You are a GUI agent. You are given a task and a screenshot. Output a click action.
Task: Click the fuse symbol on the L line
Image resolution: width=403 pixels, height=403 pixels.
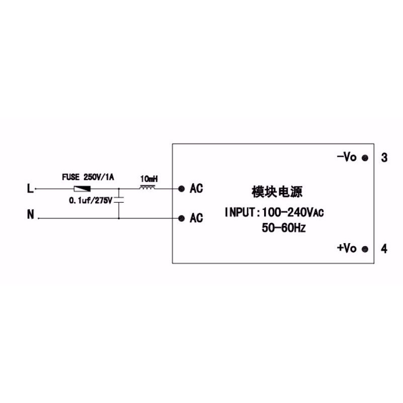point(82,189)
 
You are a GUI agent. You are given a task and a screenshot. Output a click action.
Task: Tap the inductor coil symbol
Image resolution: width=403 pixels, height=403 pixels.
point(147,188)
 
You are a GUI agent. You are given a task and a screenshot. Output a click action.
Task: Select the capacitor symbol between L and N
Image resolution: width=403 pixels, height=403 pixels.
point(119,200)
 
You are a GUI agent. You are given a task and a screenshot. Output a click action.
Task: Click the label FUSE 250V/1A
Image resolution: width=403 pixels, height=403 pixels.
point(88,177)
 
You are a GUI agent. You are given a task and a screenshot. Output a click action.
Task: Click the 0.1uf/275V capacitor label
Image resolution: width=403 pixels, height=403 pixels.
point(91,200)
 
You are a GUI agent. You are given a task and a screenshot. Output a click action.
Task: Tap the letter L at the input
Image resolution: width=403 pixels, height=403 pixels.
point(30,189)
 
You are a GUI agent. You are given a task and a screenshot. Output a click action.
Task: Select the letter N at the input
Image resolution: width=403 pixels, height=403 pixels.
point(30,215)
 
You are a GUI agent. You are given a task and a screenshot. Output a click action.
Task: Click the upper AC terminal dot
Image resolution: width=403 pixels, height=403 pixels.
point(181,189)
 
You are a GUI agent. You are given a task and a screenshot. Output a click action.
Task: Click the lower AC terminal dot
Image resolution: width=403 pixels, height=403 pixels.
point(181,218)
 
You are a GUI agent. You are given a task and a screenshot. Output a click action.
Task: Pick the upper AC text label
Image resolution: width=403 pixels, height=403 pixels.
point(196,189)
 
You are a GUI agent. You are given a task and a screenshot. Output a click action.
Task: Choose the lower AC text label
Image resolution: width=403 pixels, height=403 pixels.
point(196,218)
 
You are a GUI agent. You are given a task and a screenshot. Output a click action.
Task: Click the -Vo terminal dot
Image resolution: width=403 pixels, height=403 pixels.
point(365,158)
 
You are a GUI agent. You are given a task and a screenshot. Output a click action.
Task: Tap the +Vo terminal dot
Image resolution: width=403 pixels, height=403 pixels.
point(365,249)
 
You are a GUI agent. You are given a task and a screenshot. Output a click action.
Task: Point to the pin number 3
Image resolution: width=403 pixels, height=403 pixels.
point(384,158)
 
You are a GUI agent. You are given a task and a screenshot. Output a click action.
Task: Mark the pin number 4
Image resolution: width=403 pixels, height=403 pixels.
point(384,249)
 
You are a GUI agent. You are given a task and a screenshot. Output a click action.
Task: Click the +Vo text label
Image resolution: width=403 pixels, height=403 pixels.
point(347,248)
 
